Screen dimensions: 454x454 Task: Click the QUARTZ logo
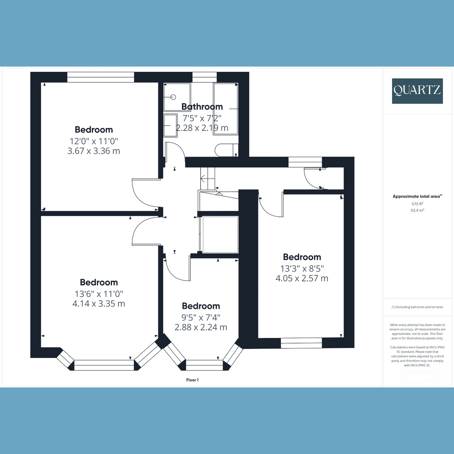pyautogui.click(x=417, y=91)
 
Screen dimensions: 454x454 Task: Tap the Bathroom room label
pyautogui.click(x=202, y=107)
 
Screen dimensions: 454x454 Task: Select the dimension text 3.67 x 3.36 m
pyautogui.click(x=94, y=151)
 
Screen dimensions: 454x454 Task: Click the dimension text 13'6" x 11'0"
pyautogui.click(x=99, y=294)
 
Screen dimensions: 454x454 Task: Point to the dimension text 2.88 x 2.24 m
pyautogui.click(x=201, y=327)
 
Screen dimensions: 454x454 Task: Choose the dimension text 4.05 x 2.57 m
pyautogui.click(x=302, y=278)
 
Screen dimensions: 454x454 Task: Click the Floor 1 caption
pyautogui.click(x=193, y=380)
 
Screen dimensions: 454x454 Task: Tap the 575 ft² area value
pyautogui.click(x=417, y=204)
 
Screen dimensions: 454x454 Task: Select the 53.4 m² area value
pyautogui.click(x=417, y=210)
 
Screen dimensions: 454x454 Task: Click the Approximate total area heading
pyautogui.click(x=417, y=196)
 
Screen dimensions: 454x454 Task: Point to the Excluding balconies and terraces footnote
pyautogui.click(x=417, y=307)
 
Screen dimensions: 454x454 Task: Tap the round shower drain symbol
pyautogui.click(x=173, y=97)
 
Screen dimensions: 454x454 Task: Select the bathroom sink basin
pyautogui.click(x=171, y=126)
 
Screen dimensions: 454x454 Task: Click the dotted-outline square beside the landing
pyautogui.click(x=221, y=235)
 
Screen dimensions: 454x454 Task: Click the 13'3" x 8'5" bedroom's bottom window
pyautogui.click(x=301, y=343)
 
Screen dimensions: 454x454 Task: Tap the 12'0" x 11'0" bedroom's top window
pyautogui.click(x=101, y=77)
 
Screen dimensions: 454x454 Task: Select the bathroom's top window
pyautogui.click(x=205, y=77)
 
